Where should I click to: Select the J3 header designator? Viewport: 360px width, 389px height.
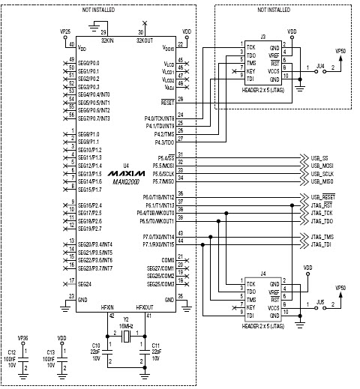tap(262, 37)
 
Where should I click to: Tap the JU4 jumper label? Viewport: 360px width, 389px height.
tap(320, 66)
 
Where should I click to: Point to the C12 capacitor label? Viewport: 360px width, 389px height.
tap(10, 352)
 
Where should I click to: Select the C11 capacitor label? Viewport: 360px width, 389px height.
tap(156, 346)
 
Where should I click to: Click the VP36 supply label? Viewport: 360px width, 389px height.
tap(22, 338)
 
